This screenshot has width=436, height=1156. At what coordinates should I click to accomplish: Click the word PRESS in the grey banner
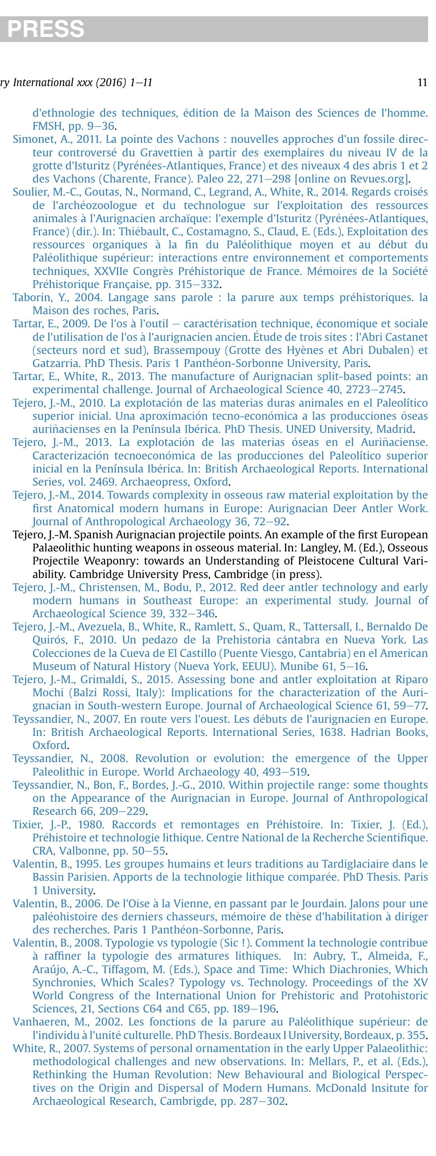46,29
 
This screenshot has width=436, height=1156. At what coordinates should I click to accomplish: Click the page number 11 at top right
422,83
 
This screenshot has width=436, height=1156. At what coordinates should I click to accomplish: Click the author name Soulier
27,192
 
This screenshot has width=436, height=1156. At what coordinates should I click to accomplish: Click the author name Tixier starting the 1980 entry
25,824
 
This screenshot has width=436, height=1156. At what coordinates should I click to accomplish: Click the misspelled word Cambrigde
186,1101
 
